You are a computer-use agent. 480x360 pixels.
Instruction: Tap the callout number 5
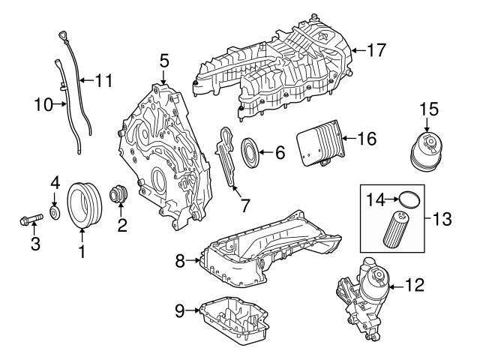164,58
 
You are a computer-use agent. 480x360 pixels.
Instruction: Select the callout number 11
103,79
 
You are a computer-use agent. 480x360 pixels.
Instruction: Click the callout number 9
179,309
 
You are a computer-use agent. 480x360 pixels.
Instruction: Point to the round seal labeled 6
252,153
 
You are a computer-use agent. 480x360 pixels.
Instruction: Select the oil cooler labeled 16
319,145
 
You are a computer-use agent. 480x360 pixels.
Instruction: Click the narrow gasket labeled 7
228,157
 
